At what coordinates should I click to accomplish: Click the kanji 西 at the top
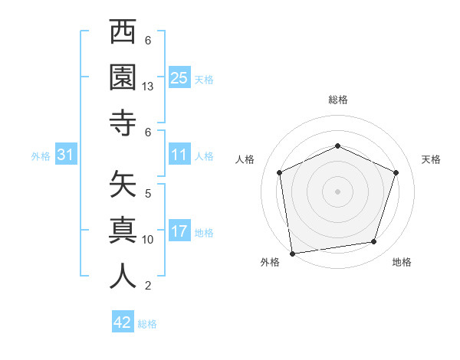pos(123,33)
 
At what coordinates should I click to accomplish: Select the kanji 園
pos(123,77)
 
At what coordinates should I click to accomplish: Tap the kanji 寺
pos(123,122)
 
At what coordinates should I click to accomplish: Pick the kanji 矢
pos(123,186)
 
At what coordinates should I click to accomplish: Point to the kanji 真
pos(123,231)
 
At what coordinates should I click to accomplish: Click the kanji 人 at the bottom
pos(123,275)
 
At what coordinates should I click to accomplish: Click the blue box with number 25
pos(179,77)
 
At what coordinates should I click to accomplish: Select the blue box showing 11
pos(179,155)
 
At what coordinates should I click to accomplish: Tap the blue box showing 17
pos(179,231)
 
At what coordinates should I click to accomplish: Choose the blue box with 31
pos(66,155)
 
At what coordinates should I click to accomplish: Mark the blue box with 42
pos(123,322)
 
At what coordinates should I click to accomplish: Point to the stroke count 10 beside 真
pos(149,240)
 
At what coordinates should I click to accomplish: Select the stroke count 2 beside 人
pos(148,286)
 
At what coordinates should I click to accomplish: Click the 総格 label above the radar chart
pos(337,100)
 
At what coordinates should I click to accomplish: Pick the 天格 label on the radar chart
pos(431,159)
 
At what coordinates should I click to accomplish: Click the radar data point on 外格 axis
pos(291,253)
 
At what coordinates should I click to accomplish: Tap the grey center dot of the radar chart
pos(337,191)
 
